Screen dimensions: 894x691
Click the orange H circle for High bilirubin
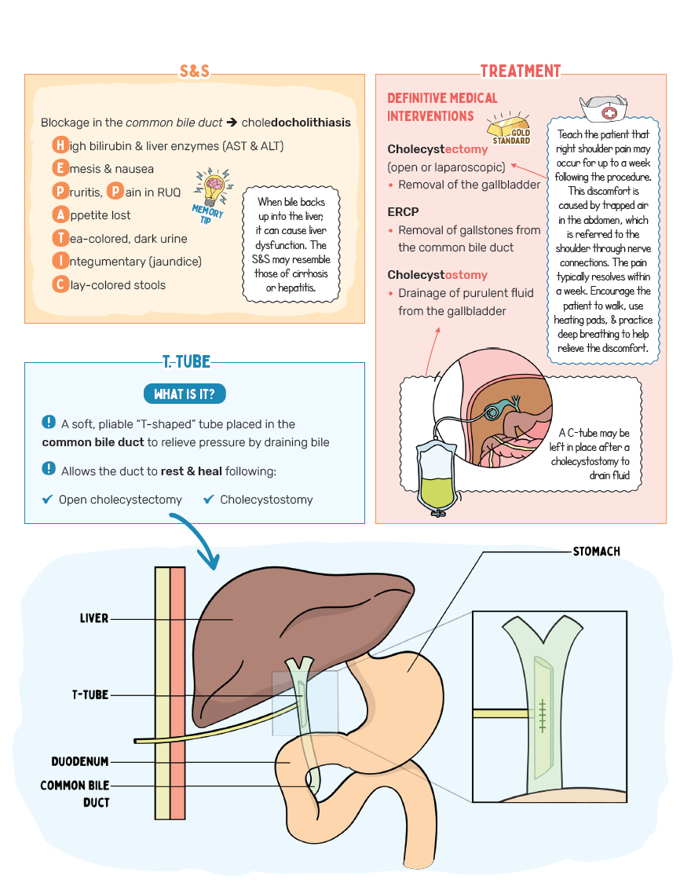tap(60, 145)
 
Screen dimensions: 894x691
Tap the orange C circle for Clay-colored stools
tap(60, 284)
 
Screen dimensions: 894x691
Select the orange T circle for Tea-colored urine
tap(60, 238)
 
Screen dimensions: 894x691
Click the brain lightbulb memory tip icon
tap(214, 186)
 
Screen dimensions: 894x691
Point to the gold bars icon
tap(506, 126)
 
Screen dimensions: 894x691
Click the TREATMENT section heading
tap(521, 71)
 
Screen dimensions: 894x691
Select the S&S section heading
tap(194, 71)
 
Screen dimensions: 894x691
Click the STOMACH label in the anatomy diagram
tap(596, 551)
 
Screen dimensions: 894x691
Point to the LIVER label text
tap(93, 618)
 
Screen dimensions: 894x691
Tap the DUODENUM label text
tap(80, 761)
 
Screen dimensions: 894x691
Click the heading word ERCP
tap(403, 212)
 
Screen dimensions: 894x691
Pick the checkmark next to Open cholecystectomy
tap(47, 499)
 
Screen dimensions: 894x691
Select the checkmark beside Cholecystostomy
tap(209, 499)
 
